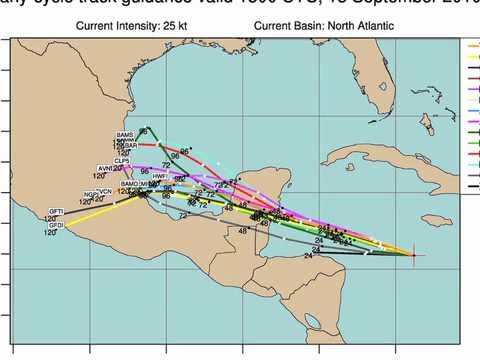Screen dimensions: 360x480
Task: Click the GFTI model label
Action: [56, 211]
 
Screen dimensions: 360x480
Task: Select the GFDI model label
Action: [56, 226]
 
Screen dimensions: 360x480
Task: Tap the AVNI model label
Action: [105, 168]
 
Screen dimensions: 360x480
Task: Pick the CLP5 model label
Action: [122, 160]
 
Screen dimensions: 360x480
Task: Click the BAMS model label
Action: [125, 135]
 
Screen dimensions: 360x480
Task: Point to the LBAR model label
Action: [129, 146]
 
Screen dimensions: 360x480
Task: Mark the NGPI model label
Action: [91, 192]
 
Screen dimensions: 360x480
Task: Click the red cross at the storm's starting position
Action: [414, 256]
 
